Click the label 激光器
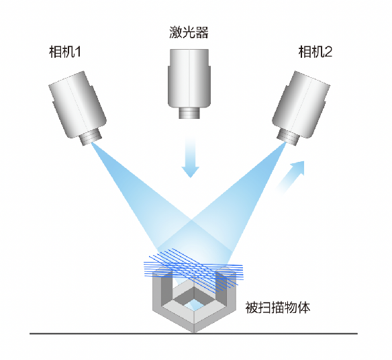point(189,32)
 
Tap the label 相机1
point(65,52)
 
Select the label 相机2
point(315,52)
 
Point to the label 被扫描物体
point(277,308)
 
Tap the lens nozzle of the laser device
point(189,113)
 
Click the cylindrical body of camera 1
point(77,104)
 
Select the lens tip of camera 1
point(91,138)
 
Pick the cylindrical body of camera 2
point(301,104)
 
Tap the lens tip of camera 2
point(288,139)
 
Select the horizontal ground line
point(193,334)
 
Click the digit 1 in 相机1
point(78,52)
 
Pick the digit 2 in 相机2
point(328,52)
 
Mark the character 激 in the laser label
point(176,32)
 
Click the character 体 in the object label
point(304,308)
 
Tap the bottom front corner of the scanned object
point(194,332)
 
